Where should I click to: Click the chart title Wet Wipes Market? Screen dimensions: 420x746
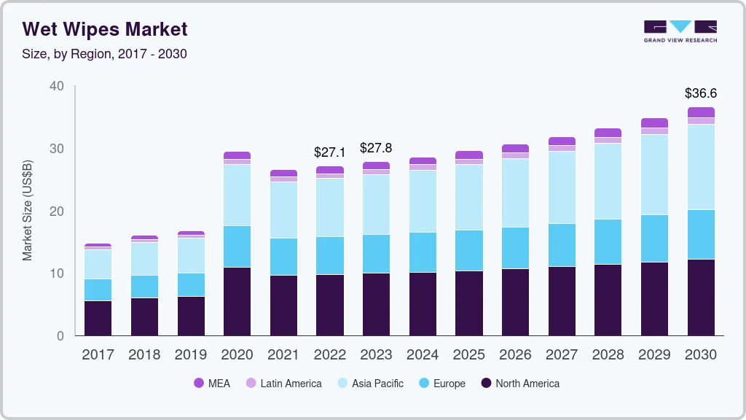105,29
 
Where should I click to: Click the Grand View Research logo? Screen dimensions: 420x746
680,31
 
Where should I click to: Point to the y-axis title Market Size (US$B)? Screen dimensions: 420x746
28,209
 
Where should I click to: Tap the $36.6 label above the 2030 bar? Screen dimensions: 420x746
701,93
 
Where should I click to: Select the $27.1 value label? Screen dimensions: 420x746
330,152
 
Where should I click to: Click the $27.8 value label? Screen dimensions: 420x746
376,148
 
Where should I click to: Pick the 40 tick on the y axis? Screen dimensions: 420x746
57,86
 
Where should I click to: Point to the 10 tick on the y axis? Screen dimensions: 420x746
57,273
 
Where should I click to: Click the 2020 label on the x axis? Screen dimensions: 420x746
237,355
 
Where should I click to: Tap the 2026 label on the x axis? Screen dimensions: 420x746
515,355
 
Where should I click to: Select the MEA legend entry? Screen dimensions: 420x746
212,384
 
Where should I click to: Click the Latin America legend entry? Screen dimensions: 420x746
283,384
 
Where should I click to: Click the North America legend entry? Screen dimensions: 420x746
520,384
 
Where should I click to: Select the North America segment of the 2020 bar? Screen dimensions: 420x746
237,301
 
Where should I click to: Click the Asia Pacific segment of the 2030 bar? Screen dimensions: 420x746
701,167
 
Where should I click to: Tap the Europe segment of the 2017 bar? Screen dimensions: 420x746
98,289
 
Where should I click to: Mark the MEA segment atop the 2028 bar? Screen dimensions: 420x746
608,133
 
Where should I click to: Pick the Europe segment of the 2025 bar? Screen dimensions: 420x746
469,250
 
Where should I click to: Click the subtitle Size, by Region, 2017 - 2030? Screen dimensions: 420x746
104,54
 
